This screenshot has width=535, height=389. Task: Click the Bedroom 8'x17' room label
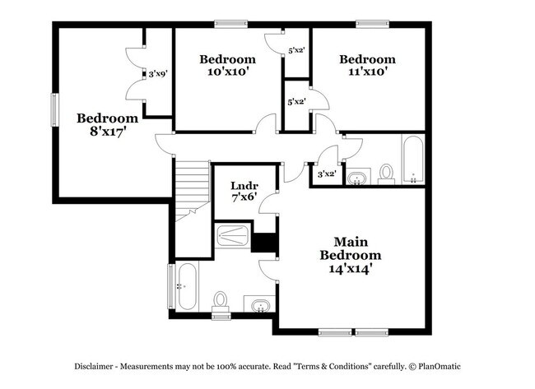[x=107, y=123]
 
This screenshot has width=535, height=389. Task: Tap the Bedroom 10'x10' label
[x=228, y=66]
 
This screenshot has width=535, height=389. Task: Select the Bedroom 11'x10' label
[x=367, y=66]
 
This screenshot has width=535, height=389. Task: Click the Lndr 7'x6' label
[x=244, y=191]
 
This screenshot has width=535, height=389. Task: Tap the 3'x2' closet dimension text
[x=326, y=174]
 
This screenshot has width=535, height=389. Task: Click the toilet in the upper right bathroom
[x=386, y=173]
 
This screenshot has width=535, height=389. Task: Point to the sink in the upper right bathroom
[x=357, y=178]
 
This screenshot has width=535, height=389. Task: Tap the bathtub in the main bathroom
[x=186, y=286]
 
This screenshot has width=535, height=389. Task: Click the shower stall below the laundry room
[x=233, y=237]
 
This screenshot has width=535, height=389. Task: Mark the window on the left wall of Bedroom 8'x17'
[x=55, y=110]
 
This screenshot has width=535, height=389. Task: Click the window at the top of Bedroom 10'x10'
[x=226, y=25]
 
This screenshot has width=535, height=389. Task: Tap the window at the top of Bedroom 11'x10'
[x=368, y=25]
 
